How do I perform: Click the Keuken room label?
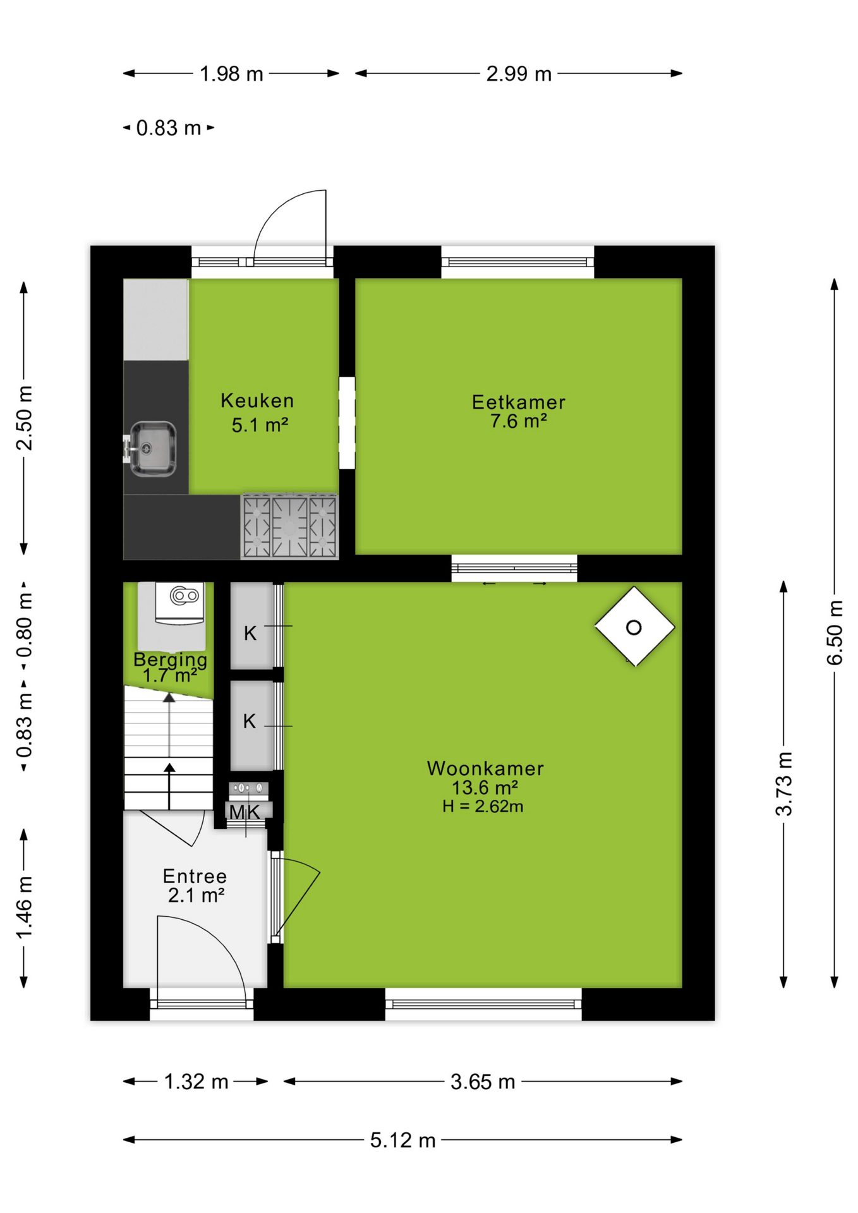pyautogui.click(x=257, y=401)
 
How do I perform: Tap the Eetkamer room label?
pyautogui.click(x=519, y=402)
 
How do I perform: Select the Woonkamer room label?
pyautogui.click(x=485, y=768)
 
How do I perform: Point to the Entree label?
pyautogui.click(x=195, y=876)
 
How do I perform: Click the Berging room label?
pyautogui.click(x=171, y=660)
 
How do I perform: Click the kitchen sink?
pyautogui.click(x=152, y=449)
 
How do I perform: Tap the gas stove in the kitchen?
pyautogui.click(x=290, y=527)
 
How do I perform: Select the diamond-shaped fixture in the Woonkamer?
pyautogui.click(x=634, y=627)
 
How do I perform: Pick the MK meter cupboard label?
pyautogui.click(x=245, y=812)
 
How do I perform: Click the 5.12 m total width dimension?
pyautogui.click(x=403, y=1140)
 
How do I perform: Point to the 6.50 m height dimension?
pyautogui.click(x=835, y=632)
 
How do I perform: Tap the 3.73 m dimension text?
pyautogui.click(x=783, y=784)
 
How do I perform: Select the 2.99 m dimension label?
pyautogui.click(x=519, y=74)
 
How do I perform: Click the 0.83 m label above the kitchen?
pyautogui.click(x=169, y=128)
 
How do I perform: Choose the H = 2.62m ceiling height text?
pyautogui.click(x=483, y=806)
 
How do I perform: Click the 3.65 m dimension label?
pyautogui.click(x=483, y=1082)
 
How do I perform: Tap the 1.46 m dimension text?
pyautogui.click(x=24, y=908)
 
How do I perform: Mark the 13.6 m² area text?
pyautogui.click(x=485, y=788)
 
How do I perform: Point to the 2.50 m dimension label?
pyautogui.click(x=24, y=418)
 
